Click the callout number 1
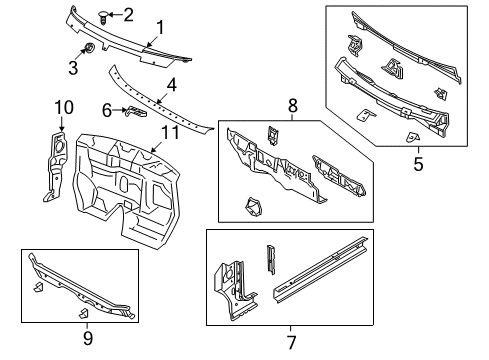pyautogui.click(x=159, y=27)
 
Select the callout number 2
pyautogui.click(x=127, y=13)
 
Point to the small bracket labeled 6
pyautogui.click(x=127, y=111)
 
